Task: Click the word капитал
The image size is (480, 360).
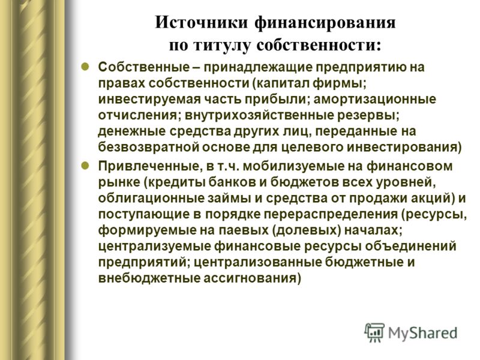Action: click(x=282, y=83)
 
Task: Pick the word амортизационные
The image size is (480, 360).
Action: click(x=374, y=99)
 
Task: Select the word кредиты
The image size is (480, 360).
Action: click(x=176, y=182)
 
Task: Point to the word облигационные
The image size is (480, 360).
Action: click(x=151, y=198)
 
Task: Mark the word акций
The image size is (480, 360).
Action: click(x=433, y=198)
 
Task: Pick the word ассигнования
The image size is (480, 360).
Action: click(x=250, y=278)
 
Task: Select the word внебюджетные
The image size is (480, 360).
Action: click(x=149, y=278)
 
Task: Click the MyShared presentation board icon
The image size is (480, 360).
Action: click(x=374, y=332)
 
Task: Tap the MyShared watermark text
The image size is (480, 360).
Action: click(x=423, y=333)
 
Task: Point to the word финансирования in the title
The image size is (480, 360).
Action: click(x=325, y=23)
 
